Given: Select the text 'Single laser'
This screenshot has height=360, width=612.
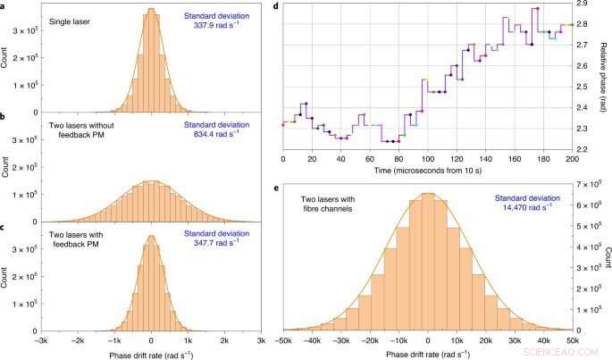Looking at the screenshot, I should [x=70, y=19].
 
